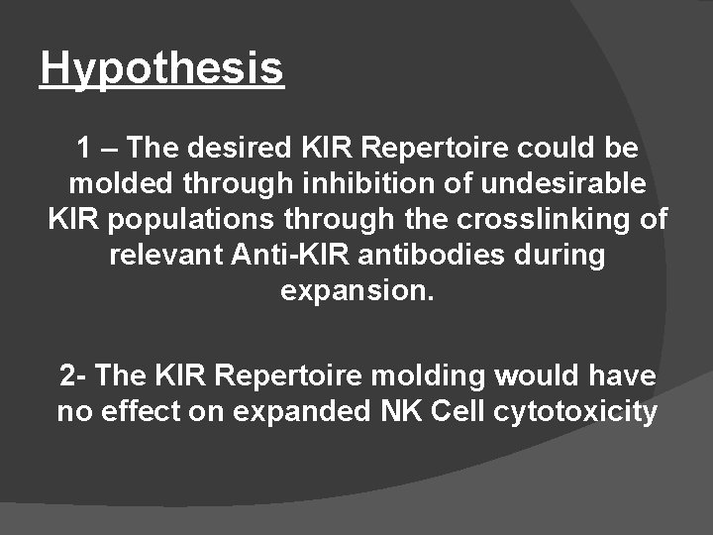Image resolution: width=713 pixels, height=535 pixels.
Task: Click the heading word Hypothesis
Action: [x=162, y=69]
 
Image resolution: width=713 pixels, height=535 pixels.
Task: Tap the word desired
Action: [x=232, y=150]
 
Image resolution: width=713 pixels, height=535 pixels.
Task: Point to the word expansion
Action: [x=356, y=291]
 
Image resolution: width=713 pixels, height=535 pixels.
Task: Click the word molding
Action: [x=431, y=376]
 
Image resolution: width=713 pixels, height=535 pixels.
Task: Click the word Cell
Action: [x=458, y=411]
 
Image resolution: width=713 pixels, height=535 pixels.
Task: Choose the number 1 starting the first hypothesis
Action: [x=83, y=150]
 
